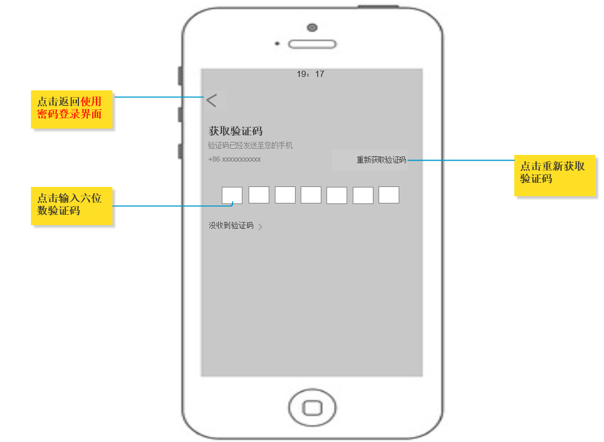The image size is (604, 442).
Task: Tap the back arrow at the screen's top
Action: coord(211,101)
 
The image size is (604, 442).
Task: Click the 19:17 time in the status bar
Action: coord(311,74)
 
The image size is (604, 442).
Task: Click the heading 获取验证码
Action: coord(236,131)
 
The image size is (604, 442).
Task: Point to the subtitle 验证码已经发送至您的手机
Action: coord(250,146)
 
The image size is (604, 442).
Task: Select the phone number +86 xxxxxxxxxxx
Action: coord(235,160)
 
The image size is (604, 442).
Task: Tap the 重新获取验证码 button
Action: coord(381,160)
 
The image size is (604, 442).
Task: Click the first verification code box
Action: coord(232,195)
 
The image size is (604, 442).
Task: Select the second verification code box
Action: coord(259,195)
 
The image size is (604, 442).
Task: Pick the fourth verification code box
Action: coord(311,195)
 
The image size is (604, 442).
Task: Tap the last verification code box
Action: coord(389,195)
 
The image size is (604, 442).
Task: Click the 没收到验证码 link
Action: coord(231,226)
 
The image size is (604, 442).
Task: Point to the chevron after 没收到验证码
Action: coord(260,227)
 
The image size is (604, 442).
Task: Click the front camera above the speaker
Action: coord(312,27)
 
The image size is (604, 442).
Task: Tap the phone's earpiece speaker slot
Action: coord(312,44)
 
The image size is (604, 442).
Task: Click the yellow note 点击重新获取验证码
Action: coord(554,175)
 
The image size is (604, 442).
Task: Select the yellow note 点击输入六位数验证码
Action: coord(71,206)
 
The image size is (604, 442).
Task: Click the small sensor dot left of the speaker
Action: coord(277,44)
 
